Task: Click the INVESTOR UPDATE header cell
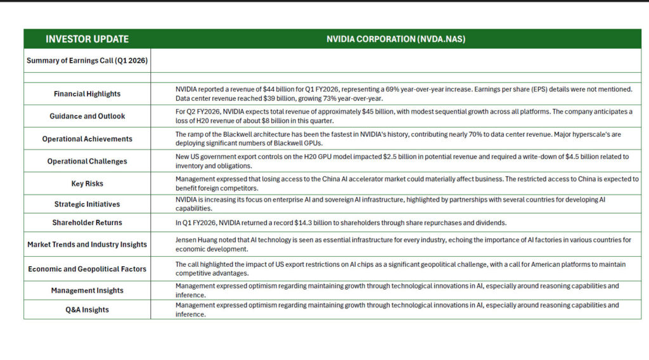(87, 39)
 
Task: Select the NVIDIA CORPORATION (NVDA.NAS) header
(395, 39)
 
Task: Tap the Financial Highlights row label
(87, 94)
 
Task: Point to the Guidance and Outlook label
(87, 116)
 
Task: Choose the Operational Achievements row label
(87, 139)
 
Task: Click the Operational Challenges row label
(87, 161)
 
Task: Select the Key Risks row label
(87, 183)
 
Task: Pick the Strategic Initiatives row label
(87, 204)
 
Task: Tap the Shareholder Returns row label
(87, 222)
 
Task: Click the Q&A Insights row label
(87, 310)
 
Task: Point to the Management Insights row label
(87, 290)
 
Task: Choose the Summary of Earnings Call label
(87, 61)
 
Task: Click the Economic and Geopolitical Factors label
(87, 269)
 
